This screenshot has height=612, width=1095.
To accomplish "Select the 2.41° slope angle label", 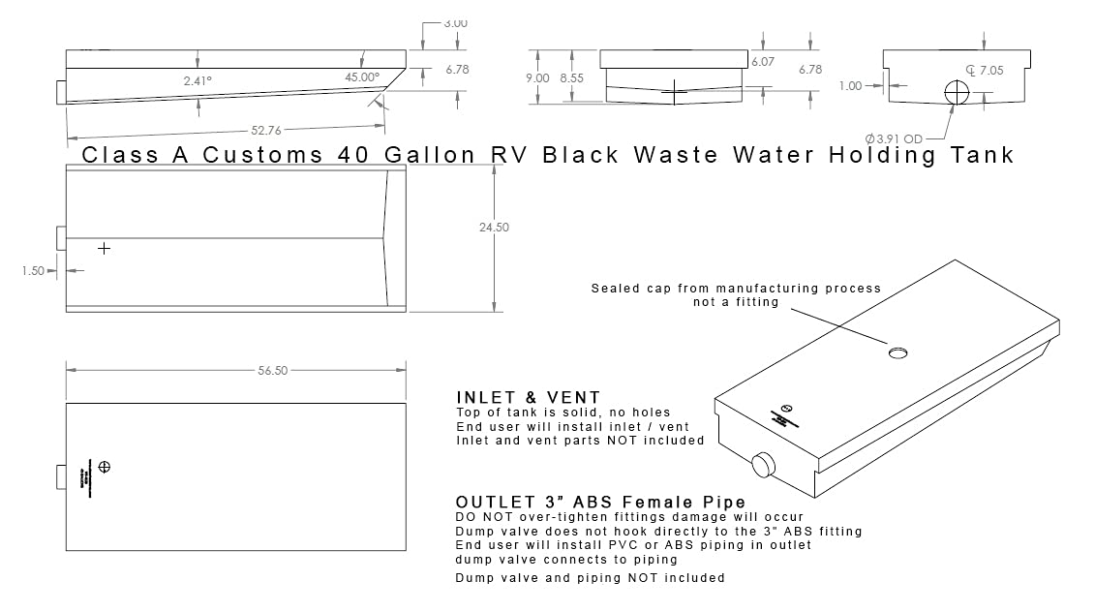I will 198,81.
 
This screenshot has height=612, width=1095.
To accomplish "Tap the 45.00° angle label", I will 362,76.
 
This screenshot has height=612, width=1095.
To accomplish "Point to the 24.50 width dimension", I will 494,228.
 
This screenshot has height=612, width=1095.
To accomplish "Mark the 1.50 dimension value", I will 33,271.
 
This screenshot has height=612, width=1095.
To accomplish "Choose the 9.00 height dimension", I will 538,77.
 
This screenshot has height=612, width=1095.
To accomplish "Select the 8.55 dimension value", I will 573,77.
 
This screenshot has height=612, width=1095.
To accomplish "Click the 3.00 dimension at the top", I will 456,22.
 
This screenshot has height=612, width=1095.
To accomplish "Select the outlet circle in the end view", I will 958,92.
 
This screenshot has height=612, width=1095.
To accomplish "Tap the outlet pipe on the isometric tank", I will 762,466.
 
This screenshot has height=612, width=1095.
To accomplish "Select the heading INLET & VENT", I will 529,398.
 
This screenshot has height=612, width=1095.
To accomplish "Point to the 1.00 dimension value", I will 850,86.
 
